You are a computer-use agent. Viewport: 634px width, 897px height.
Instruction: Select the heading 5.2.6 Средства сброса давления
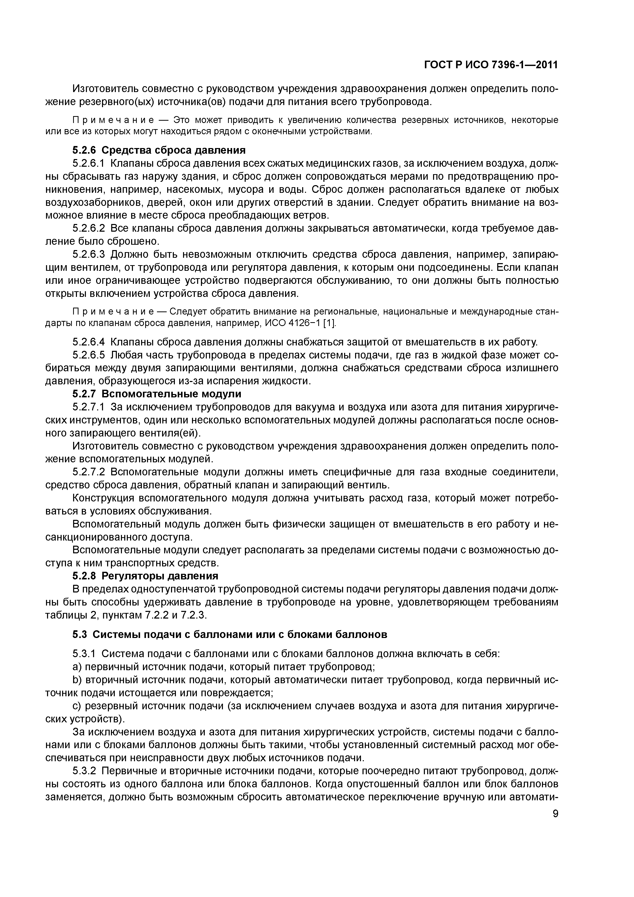159,150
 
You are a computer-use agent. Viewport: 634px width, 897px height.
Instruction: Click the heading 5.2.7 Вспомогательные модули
157,394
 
